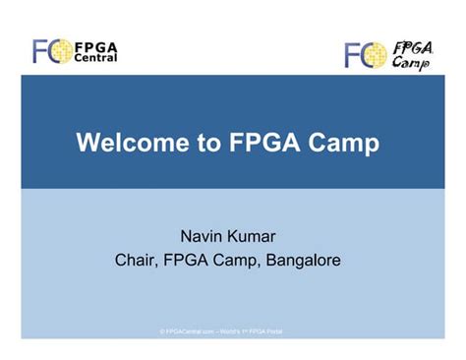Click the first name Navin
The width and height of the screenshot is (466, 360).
coord(203,237)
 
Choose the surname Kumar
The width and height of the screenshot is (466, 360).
coord(259,237)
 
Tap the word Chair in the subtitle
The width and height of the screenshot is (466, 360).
coord(137,261)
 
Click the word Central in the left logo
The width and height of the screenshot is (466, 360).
coord(95,58)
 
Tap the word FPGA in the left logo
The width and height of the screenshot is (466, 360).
coord(95,45)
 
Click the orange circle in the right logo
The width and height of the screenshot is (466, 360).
coord(375,55)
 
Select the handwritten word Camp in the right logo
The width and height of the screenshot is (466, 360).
coord(410,63)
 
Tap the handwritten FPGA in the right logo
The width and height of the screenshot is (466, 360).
coord(413,46)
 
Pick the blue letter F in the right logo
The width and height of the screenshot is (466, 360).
coord(354,55)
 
